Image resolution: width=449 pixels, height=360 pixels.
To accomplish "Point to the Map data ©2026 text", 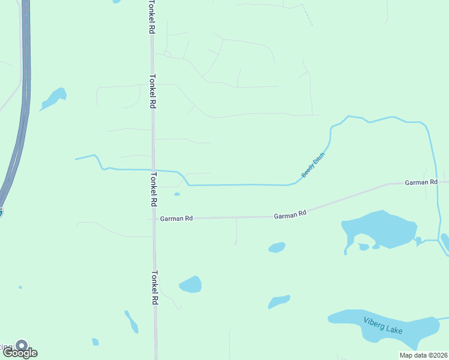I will (423, 355).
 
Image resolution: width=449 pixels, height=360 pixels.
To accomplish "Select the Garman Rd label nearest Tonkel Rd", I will (176, 219).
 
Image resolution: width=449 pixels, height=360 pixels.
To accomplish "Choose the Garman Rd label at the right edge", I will (421, 182).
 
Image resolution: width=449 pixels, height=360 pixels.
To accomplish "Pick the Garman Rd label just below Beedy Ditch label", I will (290, 214).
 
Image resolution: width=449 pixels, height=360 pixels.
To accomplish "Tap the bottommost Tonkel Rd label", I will (154, 289).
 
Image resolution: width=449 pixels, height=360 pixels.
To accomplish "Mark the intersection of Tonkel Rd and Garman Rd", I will (154, 218).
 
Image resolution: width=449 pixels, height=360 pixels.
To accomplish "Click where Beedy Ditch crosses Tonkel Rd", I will (153, 170).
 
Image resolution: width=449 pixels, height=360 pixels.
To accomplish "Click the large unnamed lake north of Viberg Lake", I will (381, 228).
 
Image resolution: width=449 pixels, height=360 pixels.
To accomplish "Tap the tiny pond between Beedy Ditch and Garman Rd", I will (176, 194).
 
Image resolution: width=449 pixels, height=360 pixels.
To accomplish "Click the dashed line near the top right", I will (307, 15).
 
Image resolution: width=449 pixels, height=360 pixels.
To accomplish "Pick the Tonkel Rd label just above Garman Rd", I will (153, 190).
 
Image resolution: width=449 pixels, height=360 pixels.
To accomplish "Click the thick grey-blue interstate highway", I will (25, 90).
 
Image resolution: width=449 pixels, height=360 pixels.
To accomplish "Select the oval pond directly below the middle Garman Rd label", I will (277, 247).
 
